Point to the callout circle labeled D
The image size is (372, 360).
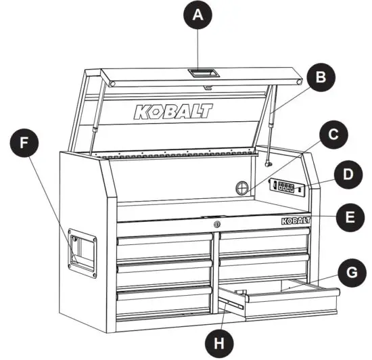coord(348,175)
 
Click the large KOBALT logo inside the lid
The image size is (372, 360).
coord(172,111)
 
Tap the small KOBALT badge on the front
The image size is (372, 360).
coord(295,221)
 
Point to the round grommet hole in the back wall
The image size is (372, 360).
coord(244,187)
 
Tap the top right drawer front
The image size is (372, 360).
coord(264,240)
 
